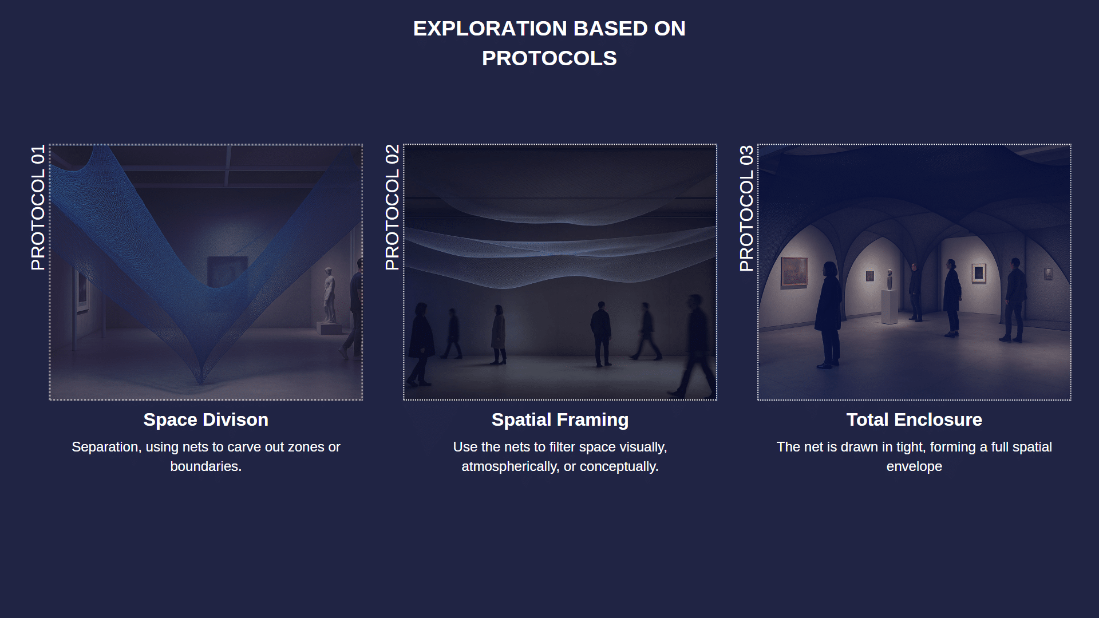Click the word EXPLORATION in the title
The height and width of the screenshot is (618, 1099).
pyautogui.click(x=490, y=29)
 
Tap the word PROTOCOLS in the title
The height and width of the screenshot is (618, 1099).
pyautogui.click(x=549, y=58)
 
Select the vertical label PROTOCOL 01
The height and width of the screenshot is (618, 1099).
pyautogui.click(x=38, y=207)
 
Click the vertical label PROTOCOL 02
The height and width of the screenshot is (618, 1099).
pyautogui.click(x=392, y=207)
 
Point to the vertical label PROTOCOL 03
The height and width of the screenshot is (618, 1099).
pyautogui.click(x=746, y=208)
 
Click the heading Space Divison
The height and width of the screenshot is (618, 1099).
pyautogui.click(x=206, y=419)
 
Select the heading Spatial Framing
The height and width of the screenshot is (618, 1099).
pyautogui.click(x=560, y=419)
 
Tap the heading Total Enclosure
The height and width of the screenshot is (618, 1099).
pyautogui.click(x=914, y=419)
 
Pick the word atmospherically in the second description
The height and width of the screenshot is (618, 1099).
pyautogui.click(x=511, y=467)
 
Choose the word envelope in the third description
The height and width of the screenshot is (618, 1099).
pyautogui.click(x=914, y=467)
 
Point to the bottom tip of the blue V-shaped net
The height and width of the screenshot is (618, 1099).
pyautogui.click(x=200, y=383)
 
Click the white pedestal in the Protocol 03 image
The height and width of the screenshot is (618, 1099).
pyautogui.click(x=890, y=307)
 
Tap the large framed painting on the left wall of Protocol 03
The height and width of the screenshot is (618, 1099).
pyautogui.click(x=794, y=271)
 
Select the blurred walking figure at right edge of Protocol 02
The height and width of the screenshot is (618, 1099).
pyautogui.click(x=695, y=345)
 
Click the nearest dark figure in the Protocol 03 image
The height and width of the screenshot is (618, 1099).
pyautogui.click(x=828, y=314)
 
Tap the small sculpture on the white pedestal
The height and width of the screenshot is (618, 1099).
pyautogui.click(x=890, y=279)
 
